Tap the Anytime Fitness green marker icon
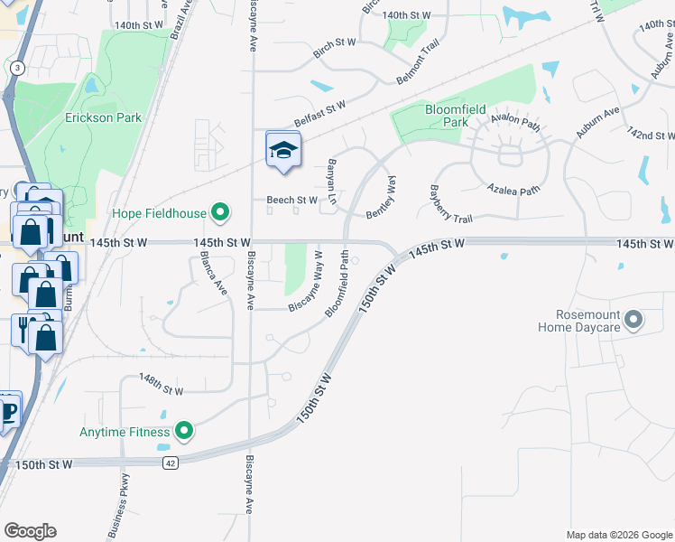184,432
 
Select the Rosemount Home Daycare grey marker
633,320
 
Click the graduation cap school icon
283,151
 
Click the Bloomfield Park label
447,116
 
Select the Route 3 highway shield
17,68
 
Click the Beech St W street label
291,200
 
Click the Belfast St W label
320,115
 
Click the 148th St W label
162,386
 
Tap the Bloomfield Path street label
337,284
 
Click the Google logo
31,531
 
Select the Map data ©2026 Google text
619,535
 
